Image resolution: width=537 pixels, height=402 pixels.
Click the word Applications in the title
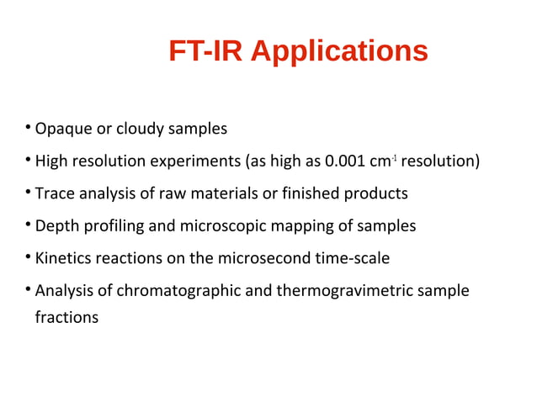339,52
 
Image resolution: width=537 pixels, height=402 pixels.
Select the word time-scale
354,258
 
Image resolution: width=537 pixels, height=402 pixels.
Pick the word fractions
66,318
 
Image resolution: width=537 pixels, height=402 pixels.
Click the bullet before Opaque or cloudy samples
28,129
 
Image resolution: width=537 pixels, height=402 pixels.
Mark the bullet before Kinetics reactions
28,257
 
